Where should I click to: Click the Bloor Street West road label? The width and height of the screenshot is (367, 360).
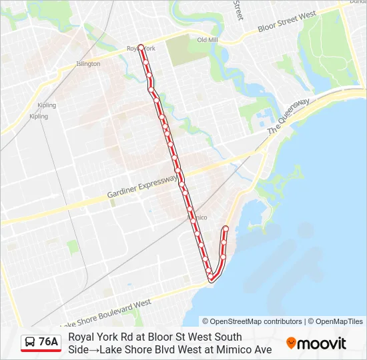coord(287,23)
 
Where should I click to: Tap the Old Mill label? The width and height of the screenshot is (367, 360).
coord(208,40)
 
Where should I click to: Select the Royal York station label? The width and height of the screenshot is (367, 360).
coord(141,49)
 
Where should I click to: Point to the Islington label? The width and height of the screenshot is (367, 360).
coord(88,64)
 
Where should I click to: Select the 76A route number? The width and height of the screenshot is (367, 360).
coord(48,342)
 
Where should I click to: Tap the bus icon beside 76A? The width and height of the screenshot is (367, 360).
coord(31,343)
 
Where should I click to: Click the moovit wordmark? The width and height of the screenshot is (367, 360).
coord(322,343)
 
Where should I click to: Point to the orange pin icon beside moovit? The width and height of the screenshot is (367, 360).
coord(291,343)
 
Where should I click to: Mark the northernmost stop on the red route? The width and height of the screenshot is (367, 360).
coord(141,47)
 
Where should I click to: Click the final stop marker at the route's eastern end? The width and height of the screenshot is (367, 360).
coord(226,229)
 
